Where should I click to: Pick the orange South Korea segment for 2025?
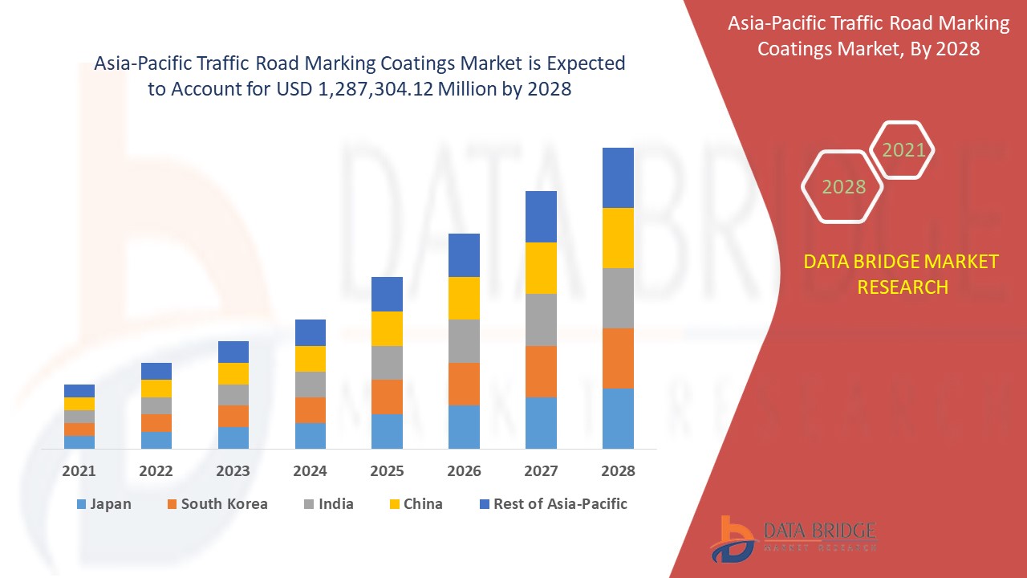point(387,397)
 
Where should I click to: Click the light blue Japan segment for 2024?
point(311,435)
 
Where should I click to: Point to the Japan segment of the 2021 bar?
point(79,442)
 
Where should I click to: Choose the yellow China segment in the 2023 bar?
point(233,373)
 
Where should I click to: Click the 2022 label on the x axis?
point(156,471)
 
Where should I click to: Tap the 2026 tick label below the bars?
point(464,471)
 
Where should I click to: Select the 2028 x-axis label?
point(618,471)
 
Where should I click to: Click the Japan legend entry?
point(104,504)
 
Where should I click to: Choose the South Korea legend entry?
point(217,504)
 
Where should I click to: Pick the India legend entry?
point(328,504)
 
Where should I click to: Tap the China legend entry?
point(415,504)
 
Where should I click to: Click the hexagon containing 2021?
point(903,150)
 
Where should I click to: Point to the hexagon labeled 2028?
point(842,186)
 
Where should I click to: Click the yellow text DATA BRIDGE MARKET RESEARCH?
point(902,274)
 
